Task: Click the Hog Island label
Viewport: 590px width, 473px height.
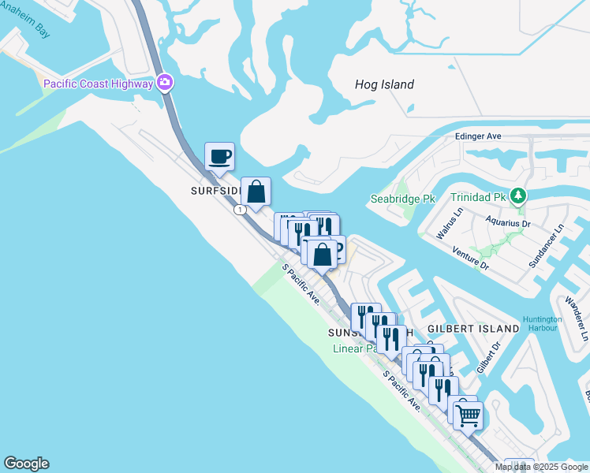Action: point(384,85)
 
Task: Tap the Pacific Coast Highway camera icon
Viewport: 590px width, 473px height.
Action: point(165,82)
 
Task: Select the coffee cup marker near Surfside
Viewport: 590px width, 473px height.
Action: point(219,156)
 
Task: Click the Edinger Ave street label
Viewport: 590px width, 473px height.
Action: point(478,136)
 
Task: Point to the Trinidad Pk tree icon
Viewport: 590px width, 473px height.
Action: point(518,196)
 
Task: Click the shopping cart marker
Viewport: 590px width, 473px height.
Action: point(469,414)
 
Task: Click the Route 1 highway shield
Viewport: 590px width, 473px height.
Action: point(240,209)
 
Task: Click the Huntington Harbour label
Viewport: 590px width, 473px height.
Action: point(542,323)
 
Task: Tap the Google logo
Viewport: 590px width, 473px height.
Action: point(26,464)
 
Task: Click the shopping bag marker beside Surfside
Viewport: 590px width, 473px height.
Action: point(256,192)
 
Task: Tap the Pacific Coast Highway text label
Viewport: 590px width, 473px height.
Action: point(99,84)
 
